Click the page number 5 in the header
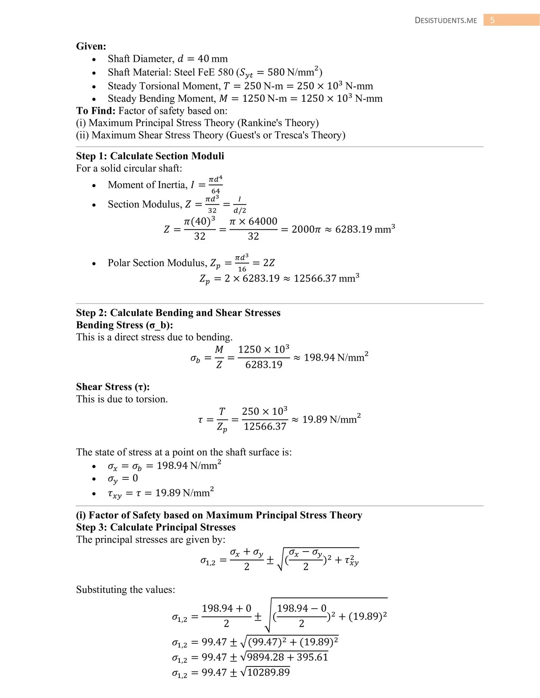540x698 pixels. coord(492,20)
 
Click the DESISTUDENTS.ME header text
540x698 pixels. coord(446,21)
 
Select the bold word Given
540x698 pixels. coord(91,46)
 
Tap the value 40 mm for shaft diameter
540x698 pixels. coord(213,59)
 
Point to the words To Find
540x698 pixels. coord(96,111)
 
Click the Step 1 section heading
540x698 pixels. coord(150,156)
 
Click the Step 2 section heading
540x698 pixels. coord(178,313)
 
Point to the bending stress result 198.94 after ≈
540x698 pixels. coord(319,358)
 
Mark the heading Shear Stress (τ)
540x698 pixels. coord(113,387)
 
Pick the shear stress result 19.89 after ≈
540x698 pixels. coord(314,420)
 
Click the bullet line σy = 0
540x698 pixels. coord(123,479)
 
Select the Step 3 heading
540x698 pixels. coord(155,527)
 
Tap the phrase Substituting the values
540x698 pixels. coord(125,589)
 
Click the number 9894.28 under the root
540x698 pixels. coord(267,657)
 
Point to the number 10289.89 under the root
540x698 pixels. coord(269,673)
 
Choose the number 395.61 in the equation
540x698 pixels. coord(312,657)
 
